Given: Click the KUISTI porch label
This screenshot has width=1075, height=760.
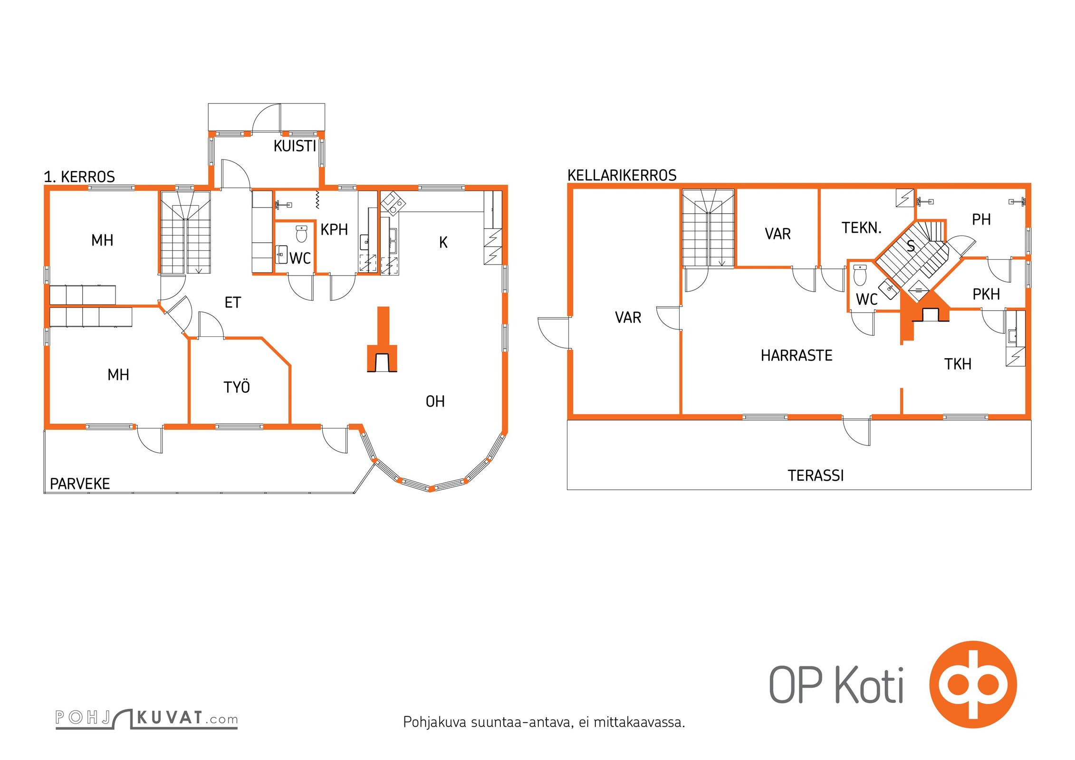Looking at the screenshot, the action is [x=295, y=146].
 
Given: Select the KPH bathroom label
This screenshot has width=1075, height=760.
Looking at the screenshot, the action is [x=334, y=229].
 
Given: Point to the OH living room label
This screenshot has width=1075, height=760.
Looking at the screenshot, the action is [x=435, y=401].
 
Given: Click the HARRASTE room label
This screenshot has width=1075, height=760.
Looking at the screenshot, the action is [x=797, y=355].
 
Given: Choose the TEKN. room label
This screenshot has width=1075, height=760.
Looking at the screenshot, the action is [x=862, y=228].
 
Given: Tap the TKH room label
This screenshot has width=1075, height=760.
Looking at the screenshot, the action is [x=958, y=364].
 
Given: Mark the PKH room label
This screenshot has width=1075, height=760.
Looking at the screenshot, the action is [x=986, y=294].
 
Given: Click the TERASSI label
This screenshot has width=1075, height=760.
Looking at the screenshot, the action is [x=816, y=475].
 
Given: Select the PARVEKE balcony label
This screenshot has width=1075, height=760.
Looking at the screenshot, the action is [x=80, y=484].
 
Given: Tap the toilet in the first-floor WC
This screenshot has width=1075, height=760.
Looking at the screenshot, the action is [x=302, y=233].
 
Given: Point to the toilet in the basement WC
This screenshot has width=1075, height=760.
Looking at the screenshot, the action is [x=860, y=275].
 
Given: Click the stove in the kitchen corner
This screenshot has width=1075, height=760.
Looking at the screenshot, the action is [x=393, y=203].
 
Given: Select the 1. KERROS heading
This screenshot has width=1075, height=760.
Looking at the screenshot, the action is [x=79, y=177].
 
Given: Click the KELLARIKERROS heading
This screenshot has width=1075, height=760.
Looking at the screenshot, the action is [x=622, y=175].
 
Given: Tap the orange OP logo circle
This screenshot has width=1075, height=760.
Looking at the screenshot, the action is [x=973, y=684].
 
